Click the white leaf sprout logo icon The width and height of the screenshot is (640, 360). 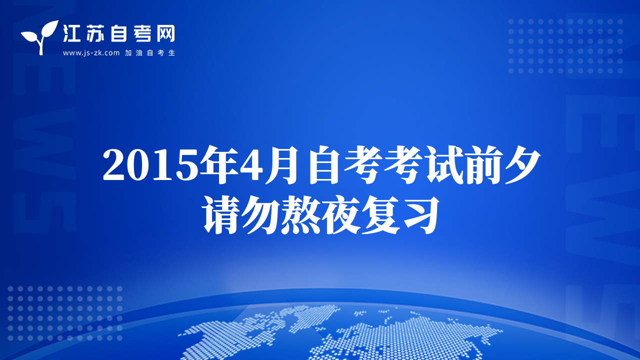(40, 37)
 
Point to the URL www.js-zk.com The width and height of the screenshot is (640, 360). (91, 53)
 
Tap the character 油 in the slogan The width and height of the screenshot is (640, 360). (139, 53)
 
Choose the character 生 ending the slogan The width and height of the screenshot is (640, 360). (171, 53)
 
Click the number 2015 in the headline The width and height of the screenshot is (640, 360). (151, 165)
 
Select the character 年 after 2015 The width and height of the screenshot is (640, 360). (219, 164)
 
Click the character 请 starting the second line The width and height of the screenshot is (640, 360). (220, 215)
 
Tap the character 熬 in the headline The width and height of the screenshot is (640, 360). (300, 215)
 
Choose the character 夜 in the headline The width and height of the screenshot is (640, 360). (340, 215)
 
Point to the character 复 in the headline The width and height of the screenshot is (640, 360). (380, 215)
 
